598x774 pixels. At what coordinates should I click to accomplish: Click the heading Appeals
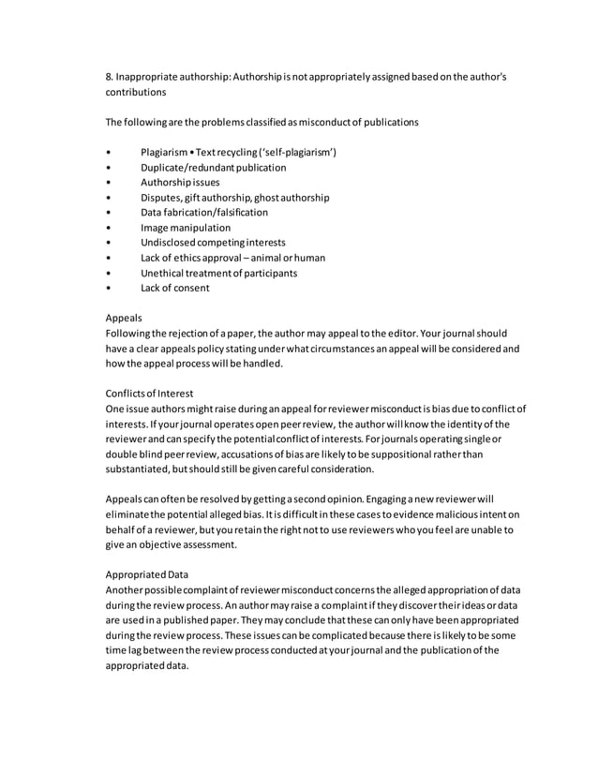pyautogui.click(x=124, y=318)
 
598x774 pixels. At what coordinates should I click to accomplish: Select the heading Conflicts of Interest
pyautogui.click(x=149, y=393)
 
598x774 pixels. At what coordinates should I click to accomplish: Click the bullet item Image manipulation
pyautogui.click(x=186, y=228)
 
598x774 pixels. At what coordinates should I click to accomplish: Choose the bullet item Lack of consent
pyautogui.click(x=175, y=288)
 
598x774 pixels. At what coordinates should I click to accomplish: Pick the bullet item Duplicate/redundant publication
pyautogui.click(x=214, y=168)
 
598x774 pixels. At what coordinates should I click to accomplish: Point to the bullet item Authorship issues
pyautogui.click(x=180, y=183)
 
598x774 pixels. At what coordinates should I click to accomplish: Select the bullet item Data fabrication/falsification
pyautogui.click(x=204, y=213)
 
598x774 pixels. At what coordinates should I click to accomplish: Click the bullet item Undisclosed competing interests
pyautogui.click(x=213, y=243)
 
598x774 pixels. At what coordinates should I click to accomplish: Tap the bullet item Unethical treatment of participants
pyautogui.click(x=218, y=273)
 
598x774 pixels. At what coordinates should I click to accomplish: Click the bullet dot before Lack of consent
pyautogui.click(x=110, y=288)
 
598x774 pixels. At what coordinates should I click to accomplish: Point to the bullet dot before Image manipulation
pyautogui.click(x=110, y=228)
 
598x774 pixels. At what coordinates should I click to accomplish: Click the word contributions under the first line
pyautogui.click(x=135, y=93)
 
